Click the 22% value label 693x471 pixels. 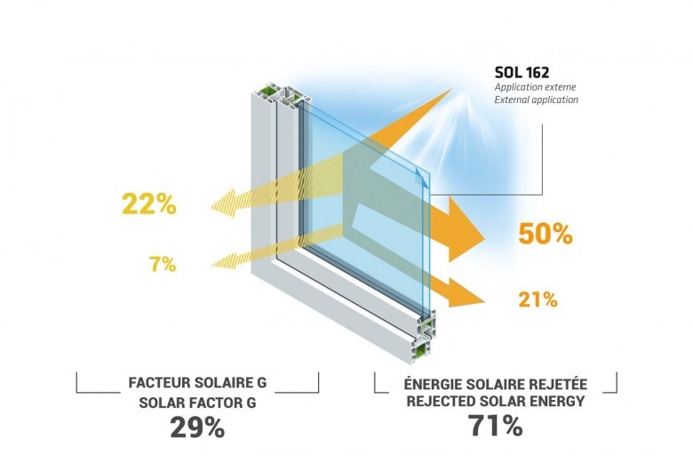[x=149, y=204]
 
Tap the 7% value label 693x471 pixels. [x=163, y=264]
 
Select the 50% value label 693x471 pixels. [x=546, y=234]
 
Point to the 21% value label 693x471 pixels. [x=538, y=299]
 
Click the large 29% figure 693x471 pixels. [x=197, y=427]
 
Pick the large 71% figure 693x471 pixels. [x=496, y=426]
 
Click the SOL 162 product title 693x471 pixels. [x=522, y=72]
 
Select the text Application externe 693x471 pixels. [x=535, y=87]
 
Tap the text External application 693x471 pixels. [x=536, y=100]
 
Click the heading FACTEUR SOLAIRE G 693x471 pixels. [x=197, y=382]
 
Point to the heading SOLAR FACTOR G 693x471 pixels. [x=197, y=403]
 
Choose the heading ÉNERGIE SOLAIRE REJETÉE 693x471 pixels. [x=496, y=383]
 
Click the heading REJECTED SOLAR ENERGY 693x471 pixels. [x=496, y=401]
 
